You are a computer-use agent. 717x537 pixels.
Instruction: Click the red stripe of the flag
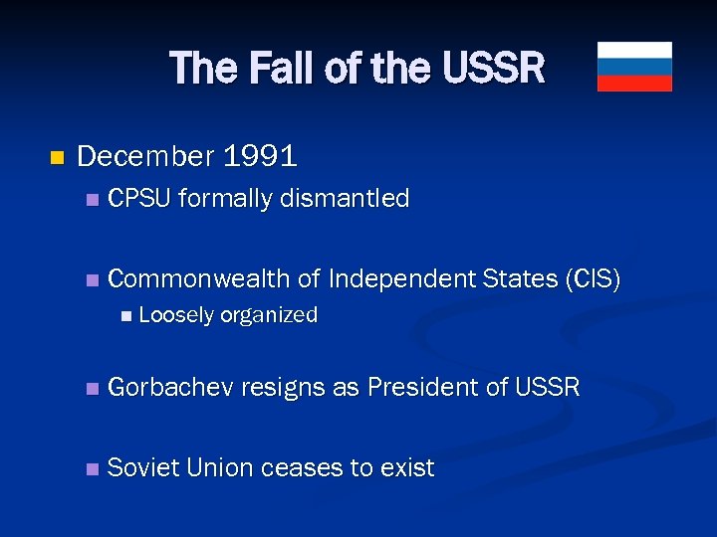[x=634, y=84]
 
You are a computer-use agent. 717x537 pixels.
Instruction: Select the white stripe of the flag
[x=634, y=50]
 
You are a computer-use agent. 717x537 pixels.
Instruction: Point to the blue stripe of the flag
[x=634, y=67]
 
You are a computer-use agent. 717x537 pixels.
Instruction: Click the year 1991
[x=260, y=156]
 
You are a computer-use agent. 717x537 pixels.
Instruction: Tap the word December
[x=145, y=156]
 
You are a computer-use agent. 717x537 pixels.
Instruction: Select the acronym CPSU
[x=140, y=199]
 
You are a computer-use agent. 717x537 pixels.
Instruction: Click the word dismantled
[x=345, y=199]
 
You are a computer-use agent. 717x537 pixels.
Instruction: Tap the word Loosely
[x=176, y=316]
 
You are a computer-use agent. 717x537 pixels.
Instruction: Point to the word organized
[x=268, y=316]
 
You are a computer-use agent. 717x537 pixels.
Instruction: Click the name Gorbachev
[x=170, y=387]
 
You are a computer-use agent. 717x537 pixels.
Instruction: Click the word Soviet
[x=142, y=467]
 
